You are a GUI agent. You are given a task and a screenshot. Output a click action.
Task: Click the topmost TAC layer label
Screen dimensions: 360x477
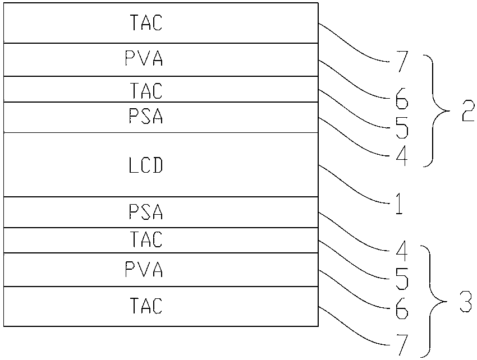click(x=145, y=23)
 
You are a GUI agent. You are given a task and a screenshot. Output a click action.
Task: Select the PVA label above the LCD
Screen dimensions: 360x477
click(x=145, y=59)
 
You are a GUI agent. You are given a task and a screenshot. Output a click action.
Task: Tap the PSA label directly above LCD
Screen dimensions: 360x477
click(x=145, y=117)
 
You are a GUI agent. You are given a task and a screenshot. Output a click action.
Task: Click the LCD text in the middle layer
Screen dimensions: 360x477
click(x=145, y=165)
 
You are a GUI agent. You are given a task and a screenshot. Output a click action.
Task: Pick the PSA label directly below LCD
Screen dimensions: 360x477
click(x=145, y=213)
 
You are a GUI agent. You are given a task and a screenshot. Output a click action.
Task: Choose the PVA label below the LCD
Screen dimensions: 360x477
click(x=145, y=271)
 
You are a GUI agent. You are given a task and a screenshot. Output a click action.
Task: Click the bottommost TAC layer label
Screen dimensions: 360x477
click(x=145, y=306)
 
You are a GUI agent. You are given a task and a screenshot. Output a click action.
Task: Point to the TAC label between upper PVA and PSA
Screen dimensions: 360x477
click(x=145, y=90)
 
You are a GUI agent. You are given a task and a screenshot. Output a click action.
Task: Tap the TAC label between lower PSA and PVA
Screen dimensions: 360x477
click(x=145, y=241)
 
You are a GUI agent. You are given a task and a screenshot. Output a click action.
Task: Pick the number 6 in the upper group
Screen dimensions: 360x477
click(x=401, y=102)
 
